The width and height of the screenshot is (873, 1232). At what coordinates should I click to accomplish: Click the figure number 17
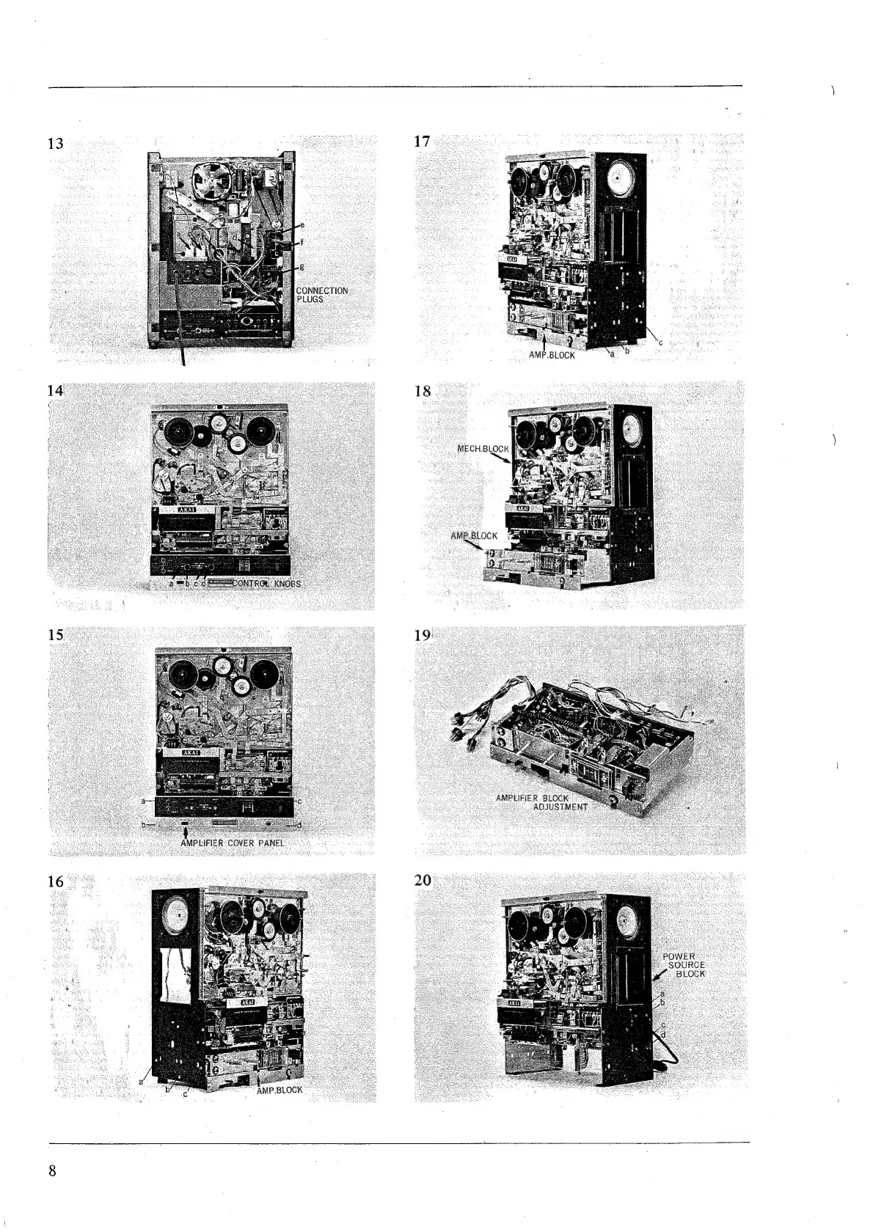point(422,142)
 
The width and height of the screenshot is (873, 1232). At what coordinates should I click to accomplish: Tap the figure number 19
point(422,636)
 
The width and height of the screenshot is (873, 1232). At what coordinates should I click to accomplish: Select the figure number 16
point(55,881)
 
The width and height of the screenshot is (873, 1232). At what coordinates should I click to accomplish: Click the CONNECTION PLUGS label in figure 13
point(321,295)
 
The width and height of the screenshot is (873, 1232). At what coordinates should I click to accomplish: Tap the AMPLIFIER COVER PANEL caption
point(233,843)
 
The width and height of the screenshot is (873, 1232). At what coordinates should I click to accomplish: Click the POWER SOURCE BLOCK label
point(684,965)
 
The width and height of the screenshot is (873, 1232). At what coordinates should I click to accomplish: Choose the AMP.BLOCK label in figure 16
point(280,1090)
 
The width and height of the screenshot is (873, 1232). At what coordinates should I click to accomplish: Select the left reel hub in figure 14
point(178,434)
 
